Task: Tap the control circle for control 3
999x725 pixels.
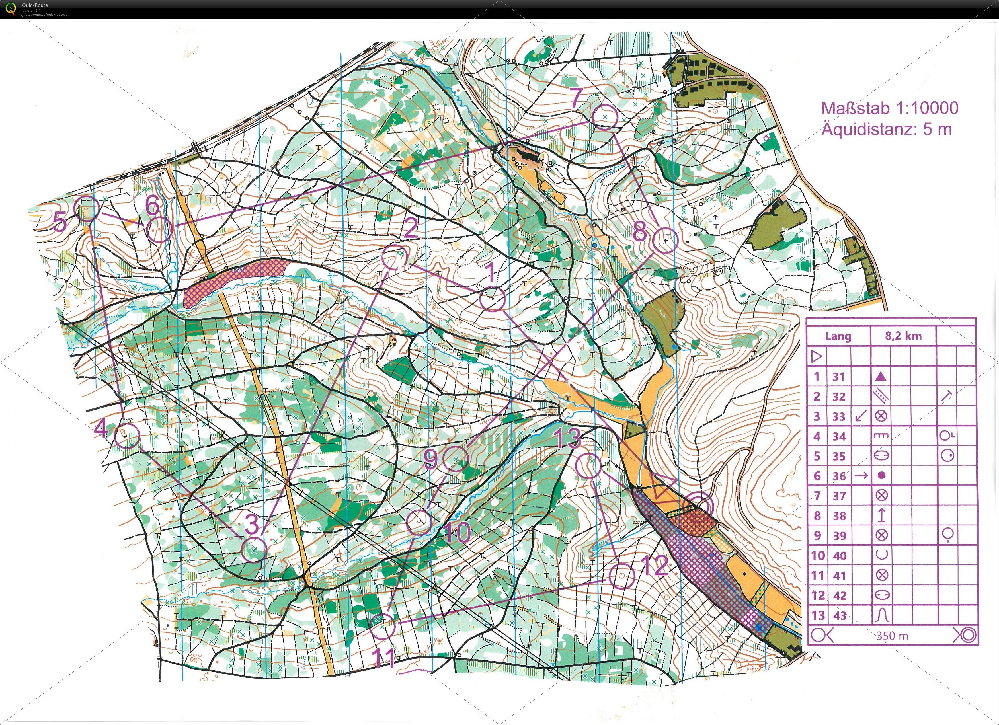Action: (255, 550)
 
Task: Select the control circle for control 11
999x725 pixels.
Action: (382, 626)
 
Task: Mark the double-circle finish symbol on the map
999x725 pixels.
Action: (700, 505)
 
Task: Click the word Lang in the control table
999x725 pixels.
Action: (838, 336)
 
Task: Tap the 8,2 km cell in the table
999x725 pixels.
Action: (903, 336)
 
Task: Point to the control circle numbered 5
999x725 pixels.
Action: (87, 209)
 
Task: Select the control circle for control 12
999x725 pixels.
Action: (621, 577)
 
